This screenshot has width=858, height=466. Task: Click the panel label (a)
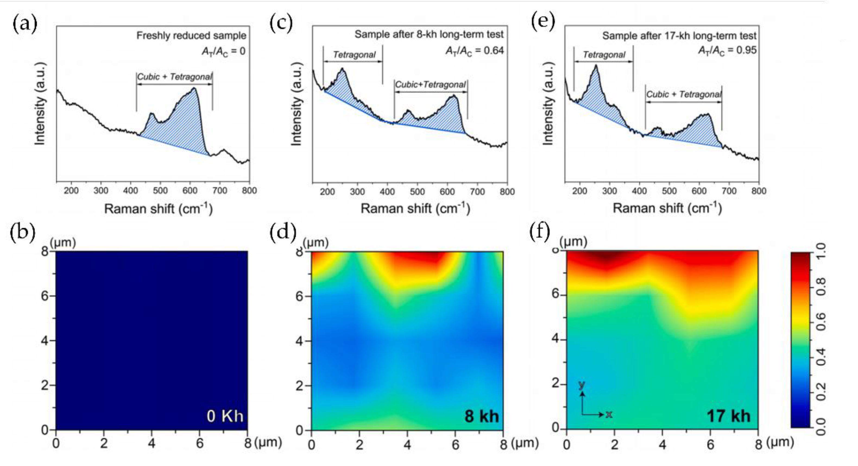(25, 24)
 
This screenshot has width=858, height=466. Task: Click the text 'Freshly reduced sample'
(191, 35)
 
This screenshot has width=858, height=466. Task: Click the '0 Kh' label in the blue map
(225, 416)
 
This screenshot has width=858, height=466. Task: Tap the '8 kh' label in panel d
(482, 416)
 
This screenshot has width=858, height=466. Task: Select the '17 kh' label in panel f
(728, 416)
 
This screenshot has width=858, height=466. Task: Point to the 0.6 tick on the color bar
(821, 322)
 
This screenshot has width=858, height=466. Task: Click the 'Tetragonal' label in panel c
(354, 55)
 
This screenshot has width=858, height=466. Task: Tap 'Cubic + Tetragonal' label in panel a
(174, 77)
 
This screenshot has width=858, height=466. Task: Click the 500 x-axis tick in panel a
(160, 191)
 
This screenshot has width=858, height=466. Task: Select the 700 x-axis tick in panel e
(729, 191)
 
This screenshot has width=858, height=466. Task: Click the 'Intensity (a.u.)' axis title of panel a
(40, 104)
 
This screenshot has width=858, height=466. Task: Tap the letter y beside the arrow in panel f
(582, 385)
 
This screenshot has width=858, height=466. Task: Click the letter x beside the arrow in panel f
(609, 414)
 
